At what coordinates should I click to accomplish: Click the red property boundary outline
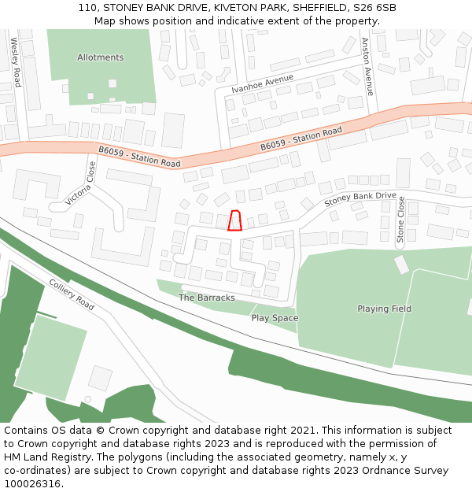[234, 220]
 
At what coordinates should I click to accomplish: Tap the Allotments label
[100, 57]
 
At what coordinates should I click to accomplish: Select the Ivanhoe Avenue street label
[262, 83]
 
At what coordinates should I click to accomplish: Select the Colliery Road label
[72, 294]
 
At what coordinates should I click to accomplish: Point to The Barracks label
[207, 298]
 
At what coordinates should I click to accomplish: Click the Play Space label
[275, 318]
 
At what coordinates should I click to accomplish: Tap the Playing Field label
[384, 309]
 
